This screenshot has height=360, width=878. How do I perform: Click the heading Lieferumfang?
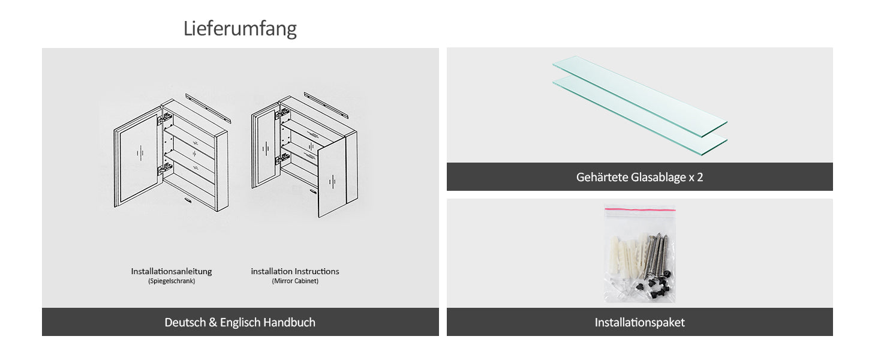[240, 29]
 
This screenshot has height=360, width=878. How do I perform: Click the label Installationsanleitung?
[172, 271]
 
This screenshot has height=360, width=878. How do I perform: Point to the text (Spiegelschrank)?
[172, 281]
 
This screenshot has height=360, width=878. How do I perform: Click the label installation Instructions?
[294, 271]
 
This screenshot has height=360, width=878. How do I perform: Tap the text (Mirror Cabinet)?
[295, 281]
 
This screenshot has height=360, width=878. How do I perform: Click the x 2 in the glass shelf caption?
[696, 177]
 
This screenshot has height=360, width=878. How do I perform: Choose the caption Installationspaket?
[640, 322]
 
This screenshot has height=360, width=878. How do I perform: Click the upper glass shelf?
[640, 95]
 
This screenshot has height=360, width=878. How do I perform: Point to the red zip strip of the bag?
[640, 209]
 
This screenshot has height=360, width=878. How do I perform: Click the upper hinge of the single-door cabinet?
[165, 118]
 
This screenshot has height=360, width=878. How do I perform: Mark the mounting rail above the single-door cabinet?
[208, 108]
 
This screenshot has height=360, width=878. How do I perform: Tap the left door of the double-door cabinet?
[265, 148]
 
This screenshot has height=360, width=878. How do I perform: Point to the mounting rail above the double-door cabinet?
[326, 105]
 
